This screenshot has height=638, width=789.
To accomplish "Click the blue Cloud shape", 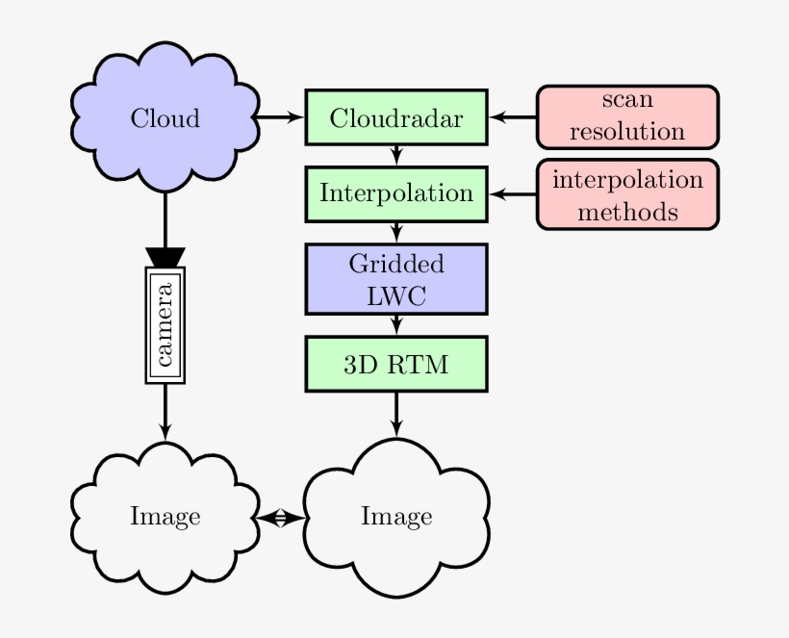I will pos(165,118).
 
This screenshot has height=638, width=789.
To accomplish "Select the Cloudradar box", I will pos(396,118).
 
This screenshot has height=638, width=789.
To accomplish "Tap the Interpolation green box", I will pos(396,192).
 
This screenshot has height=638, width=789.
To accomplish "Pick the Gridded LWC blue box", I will pos(396,278).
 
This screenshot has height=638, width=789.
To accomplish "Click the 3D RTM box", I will pos(396,363).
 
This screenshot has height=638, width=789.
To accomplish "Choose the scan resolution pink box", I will pos(627,118).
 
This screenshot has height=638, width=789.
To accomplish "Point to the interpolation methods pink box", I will pos(627,194).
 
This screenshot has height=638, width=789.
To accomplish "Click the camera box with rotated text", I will pos(165,325).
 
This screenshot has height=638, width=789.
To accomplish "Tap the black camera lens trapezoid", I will pos(165,257).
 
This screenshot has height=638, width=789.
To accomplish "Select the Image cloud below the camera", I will pos(165,517).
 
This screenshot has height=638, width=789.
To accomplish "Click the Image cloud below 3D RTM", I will pos(396,517).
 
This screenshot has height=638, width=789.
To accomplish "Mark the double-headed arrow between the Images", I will pos(280,518).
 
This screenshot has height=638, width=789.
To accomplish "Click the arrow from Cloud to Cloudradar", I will pos(281,118).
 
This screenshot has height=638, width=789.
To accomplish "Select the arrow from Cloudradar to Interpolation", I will pos(396,154).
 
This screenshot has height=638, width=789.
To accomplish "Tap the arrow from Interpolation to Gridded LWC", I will pos(396,231).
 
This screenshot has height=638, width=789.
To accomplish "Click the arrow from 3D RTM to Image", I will pos(396,414).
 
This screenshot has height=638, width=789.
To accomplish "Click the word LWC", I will pos(396,294).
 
